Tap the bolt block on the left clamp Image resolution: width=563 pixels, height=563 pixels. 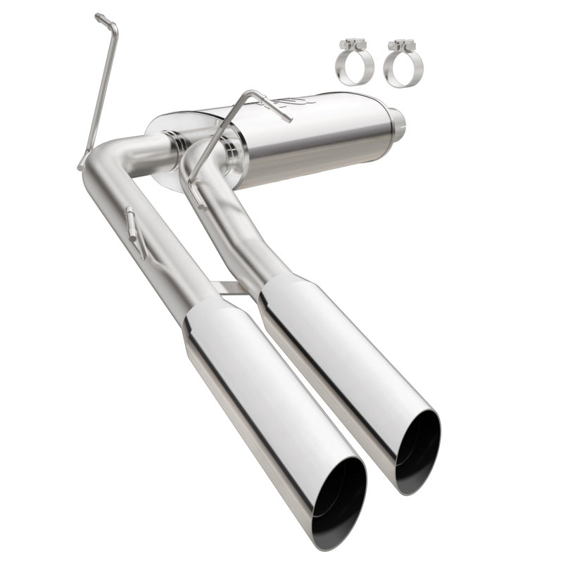pyautogui.click(x=350, y=45)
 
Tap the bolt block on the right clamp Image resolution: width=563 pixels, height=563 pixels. pyautogui.click(x=400, y=45)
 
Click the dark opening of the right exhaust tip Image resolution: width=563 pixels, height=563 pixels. pyautogui.click(x=418, y=450)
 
